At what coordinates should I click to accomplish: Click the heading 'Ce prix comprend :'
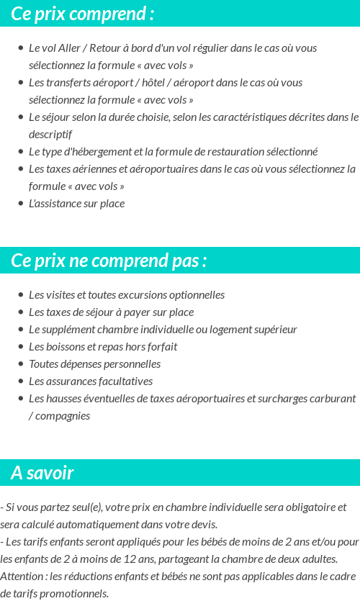[x=82, y=14]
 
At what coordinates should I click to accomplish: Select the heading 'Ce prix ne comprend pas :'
[x=109, y=261]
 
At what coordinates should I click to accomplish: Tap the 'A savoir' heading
[x=42, y=473]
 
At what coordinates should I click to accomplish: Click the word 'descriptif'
[x=50, y=135]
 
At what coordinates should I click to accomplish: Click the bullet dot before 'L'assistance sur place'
[x=20, y=204]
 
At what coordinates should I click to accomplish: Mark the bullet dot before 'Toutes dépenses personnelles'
[x=20, y=364]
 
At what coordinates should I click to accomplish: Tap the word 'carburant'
[x=333, y=399]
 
